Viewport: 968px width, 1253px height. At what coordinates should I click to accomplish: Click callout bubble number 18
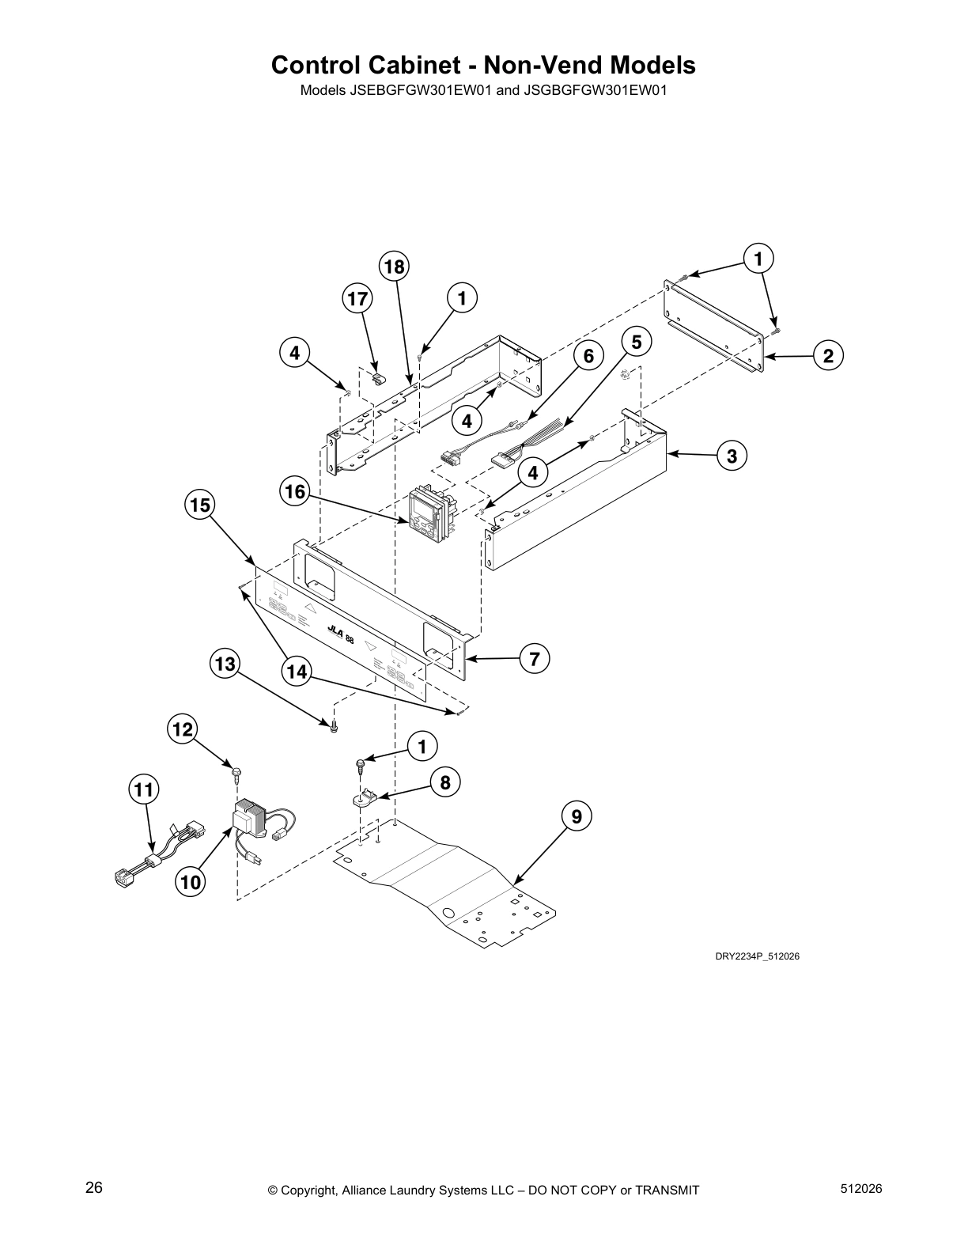(x=394, y=267)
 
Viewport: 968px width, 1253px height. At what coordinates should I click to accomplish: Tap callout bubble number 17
(x=358, y=299)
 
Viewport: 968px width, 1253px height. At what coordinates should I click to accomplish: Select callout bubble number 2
(x=828, y=356)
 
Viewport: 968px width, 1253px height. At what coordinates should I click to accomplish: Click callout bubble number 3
(x=732, y=456)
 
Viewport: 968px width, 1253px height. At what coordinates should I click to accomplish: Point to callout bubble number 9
(x=577, y=816)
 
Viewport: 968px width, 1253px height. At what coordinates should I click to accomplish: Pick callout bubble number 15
(x=201, y=504)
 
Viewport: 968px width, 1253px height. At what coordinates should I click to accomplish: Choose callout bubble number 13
(x=225, y=664)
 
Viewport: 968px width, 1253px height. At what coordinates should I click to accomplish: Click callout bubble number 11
(x=145, y=789)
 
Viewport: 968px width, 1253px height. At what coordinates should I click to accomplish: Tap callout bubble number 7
(x=535, y=658)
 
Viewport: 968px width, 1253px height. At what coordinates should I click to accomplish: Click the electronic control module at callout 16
(x=427, y=517)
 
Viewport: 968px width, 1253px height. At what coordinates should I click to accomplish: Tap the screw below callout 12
(x=236, y=769)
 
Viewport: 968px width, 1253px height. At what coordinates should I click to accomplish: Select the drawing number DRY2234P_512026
(x=757, y=956)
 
